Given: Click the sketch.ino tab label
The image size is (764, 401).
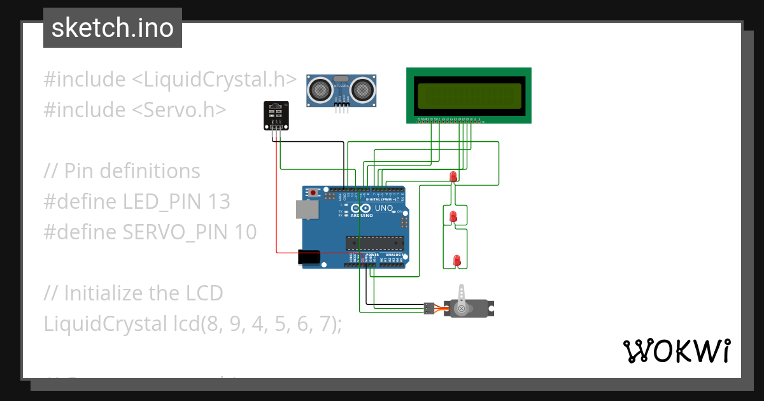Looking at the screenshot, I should pos(112,28).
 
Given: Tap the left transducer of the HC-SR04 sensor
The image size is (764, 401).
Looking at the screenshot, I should pos(320,89).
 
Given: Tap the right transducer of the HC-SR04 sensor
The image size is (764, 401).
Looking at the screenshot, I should pos(363,89).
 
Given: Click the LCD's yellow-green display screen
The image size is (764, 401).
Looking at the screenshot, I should pos(469,95).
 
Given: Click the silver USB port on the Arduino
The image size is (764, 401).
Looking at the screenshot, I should pos(307,210).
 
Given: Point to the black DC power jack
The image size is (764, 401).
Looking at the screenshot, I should pos(309,257).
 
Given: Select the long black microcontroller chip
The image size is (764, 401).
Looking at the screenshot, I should pos(375,243).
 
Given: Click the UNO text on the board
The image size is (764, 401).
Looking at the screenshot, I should pos(384,208).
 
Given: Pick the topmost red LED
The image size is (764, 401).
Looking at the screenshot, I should pos(453,176).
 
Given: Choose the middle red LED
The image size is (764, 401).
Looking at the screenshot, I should pos(453,216).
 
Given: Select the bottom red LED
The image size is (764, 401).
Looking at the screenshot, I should pos(456,260).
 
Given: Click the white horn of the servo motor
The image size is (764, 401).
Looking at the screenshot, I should pos(461,300).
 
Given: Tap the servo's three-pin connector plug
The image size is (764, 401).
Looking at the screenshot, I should pos(427,309).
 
